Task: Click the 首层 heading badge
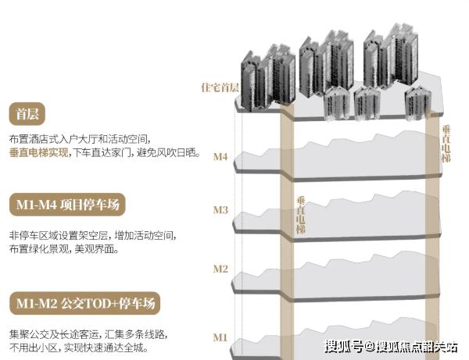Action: (x=27, y=114)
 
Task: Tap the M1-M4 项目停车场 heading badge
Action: (x=67, y=205)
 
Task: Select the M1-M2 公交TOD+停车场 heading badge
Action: (x=85, y=303)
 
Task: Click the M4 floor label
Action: (x=220, y=156)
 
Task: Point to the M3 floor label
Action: (x=220, y=210)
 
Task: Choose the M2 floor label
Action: (x=220, y=269)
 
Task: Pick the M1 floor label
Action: (x=220, y=337)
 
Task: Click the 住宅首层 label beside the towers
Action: (x=220, y=87)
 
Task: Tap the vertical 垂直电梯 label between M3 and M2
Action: (x=301, y=215)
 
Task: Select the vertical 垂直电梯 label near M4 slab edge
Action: (x=446, y=144)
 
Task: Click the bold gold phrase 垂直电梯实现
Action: (x=38, y=152)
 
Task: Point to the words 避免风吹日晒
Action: (x=166, y=152)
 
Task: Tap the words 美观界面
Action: (x=95, y=249)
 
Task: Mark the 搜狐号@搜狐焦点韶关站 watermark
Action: (x=391, y=347)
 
